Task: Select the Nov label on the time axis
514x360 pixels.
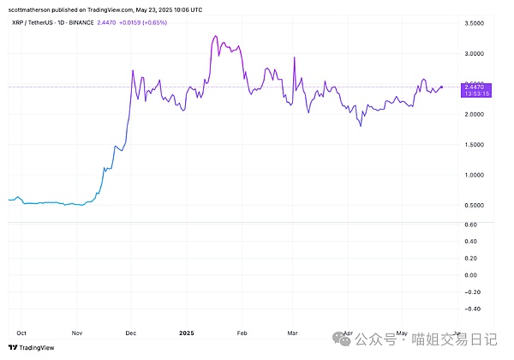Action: tap(76, 332)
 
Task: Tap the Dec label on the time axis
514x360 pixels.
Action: tap(130, 332)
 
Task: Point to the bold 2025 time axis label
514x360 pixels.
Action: tap(188, 332)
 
